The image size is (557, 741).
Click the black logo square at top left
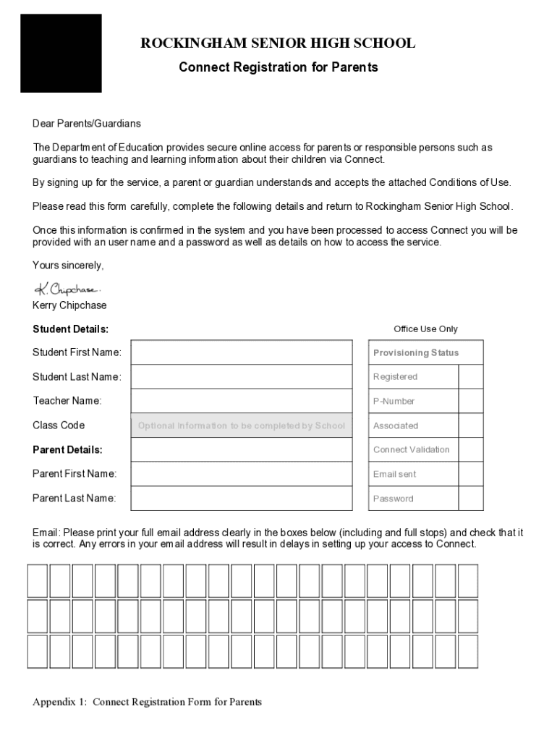(x=61, y=53)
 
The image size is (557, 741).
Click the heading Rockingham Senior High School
(x=278, y=43)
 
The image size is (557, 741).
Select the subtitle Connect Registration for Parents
(x=278, y=67)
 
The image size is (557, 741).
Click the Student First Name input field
(x=242, y=352)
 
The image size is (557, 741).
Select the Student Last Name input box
(x=242, y=377)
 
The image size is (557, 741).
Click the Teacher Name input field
(x=242, y=401)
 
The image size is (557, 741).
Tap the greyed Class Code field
(x=242, y=425)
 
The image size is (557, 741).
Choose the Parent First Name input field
(x=242, y=474)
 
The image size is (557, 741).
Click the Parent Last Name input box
(x=242, y=498)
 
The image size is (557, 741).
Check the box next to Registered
(x=471, y=377)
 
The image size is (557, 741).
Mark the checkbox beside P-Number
(x=471, y=401)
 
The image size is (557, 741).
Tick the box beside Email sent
(x=471, y=474)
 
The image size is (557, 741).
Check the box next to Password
(x=471, y=499)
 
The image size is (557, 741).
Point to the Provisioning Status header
(x=416, y=353)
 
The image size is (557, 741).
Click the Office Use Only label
(x=425, y=329)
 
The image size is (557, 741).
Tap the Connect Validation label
(x=411, y=449)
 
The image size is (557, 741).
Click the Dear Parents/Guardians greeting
(x=87, y=124)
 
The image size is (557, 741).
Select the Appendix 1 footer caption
(x=147, y=702)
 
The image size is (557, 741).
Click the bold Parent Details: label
(x=67, y=449)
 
